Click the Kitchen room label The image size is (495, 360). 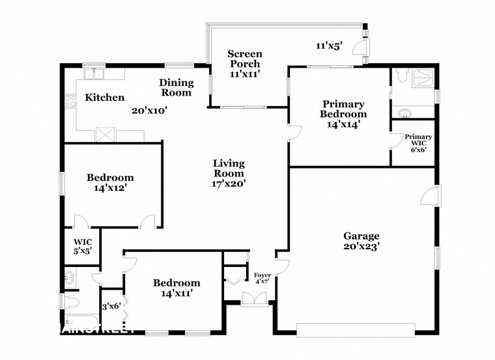[x=105, y=98]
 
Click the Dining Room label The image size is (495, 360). [x=177, y=87]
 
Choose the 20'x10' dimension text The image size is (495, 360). [x=150, y=111]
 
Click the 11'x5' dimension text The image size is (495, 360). [x=329, y=46]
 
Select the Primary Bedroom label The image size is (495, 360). [x=343, y=114]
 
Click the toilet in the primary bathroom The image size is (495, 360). [x=402, y=77]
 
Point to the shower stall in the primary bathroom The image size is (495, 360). [x=423, y=79]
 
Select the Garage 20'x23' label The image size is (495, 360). [x=361, y=241]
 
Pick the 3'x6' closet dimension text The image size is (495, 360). [x=111, y=307]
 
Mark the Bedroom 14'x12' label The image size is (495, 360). [x=110, y=182]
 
